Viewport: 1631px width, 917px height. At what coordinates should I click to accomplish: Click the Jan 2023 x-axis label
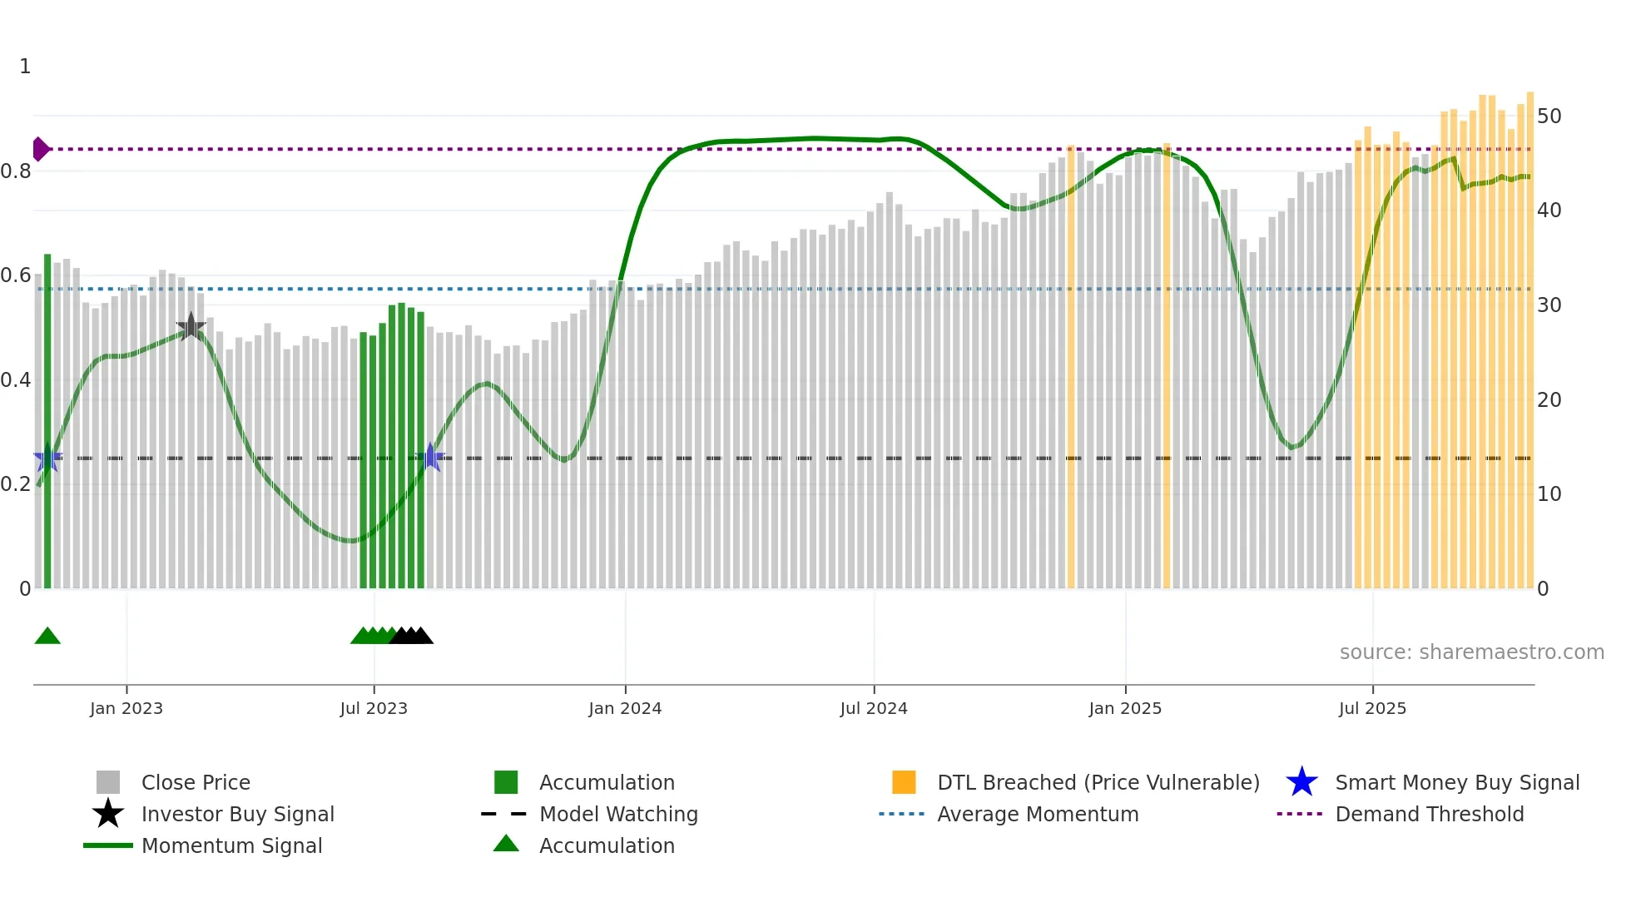(126, 708)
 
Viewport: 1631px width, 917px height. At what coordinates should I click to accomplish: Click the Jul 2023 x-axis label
(374, 708)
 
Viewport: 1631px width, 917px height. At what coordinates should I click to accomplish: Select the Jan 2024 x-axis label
(625, 708)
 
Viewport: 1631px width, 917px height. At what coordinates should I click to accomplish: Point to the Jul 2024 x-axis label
(874, 708)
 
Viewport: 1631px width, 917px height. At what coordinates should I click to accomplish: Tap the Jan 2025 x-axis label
(1125, 708)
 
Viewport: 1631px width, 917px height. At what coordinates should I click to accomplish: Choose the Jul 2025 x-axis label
(1372, 708)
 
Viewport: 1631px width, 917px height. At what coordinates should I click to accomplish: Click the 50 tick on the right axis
(1549, 116)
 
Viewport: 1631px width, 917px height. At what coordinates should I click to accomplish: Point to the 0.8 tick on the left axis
(17, 171)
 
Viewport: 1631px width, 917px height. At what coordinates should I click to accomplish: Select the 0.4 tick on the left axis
(17, 380)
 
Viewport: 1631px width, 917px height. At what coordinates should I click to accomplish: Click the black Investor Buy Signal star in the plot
(191, 326)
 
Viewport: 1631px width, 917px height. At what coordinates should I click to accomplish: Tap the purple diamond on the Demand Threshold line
(40, 149)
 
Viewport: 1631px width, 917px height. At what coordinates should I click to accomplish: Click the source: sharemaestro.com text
(1471, 652)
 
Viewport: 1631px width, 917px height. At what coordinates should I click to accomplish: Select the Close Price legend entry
(196, 782)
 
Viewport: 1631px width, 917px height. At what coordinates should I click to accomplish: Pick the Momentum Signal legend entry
(231, 845)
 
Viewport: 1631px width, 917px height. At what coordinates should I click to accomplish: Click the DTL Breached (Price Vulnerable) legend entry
(1098, 782)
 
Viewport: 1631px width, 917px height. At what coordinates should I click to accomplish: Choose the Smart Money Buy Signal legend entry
(1456, 782)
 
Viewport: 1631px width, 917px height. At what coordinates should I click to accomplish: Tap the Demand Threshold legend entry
(1429, 814)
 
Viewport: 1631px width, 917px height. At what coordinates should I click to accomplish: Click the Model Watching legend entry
(618, 814)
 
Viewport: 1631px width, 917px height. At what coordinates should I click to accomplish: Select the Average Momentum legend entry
(1037, 814)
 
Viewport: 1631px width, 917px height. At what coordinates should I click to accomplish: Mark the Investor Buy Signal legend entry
(237, 814)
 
